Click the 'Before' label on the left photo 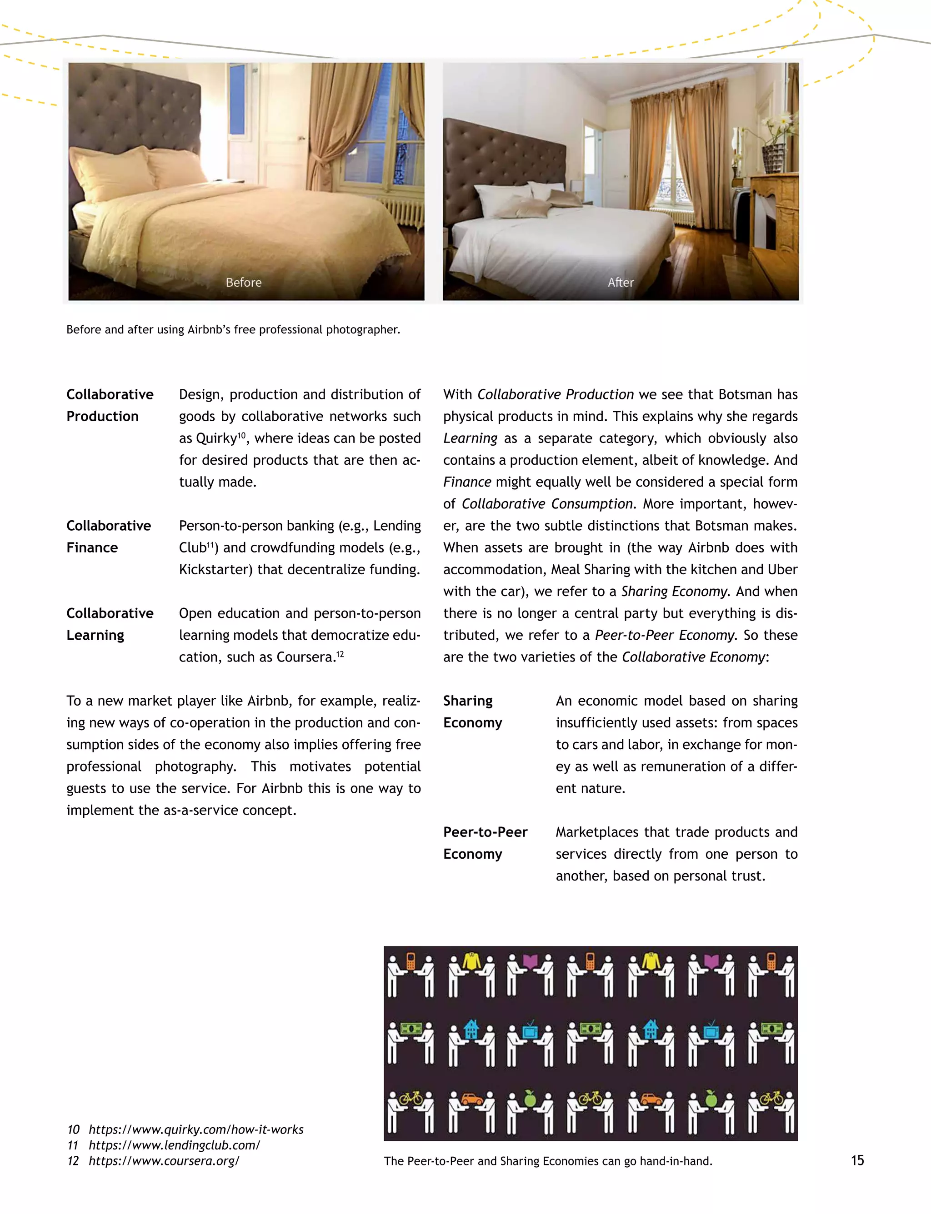click(243, 283)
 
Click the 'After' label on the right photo click(620, 283)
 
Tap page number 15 click(857, 1160)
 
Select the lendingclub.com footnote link click(174, 1145)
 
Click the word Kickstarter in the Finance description click(215, 569)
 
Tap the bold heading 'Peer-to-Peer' click(485, 832)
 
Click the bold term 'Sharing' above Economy click(467, 701)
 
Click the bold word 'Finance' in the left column click(92, 548)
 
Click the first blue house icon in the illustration click(471, 1029)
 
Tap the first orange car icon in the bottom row click(471, 1098)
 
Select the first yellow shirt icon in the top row click(471, 961)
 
